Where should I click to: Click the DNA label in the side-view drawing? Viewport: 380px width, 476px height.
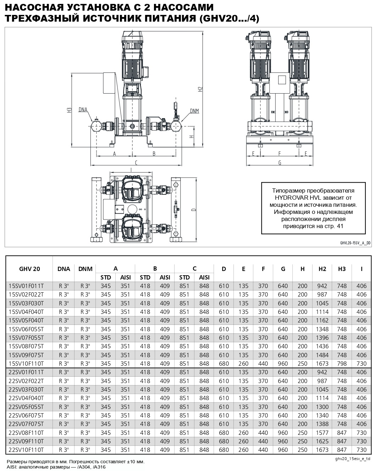[x=83, y=109]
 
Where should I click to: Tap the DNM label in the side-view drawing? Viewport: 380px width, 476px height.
[x=194, y=111]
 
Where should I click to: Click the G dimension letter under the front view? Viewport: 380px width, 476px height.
[x=280, y=163]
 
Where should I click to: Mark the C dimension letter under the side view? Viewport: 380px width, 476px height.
[x=136, y=162]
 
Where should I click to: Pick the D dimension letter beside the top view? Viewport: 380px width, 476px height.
[x=193, y=210]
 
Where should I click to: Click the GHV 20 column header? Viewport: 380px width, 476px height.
[x=29, y=269]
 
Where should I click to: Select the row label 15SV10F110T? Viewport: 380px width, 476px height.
[x=26, y=364]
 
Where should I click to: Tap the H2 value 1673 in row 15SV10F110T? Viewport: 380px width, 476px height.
[x=322, y=364]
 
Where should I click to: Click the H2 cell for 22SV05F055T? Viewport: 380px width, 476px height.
[x=322, y=407]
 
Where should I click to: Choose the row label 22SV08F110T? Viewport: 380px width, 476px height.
[x=26, y=433]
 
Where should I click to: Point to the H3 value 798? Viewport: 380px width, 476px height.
[x=342, y=364]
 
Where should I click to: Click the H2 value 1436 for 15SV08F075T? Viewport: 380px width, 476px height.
[x=322, y=346]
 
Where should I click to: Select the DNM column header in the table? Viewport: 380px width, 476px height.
[x=85, y=269]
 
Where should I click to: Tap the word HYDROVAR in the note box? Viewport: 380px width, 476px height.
[x=289, y=198]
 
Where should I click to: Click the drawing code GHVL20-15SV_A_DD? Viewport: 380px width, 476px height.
[x=355, y=243]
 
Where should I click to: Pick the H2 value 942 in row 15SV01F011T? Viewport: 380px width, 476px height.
[x=322, y=286]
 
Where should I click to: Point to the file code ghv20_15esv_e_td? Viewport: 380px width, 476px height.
[x=352, y=459]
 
